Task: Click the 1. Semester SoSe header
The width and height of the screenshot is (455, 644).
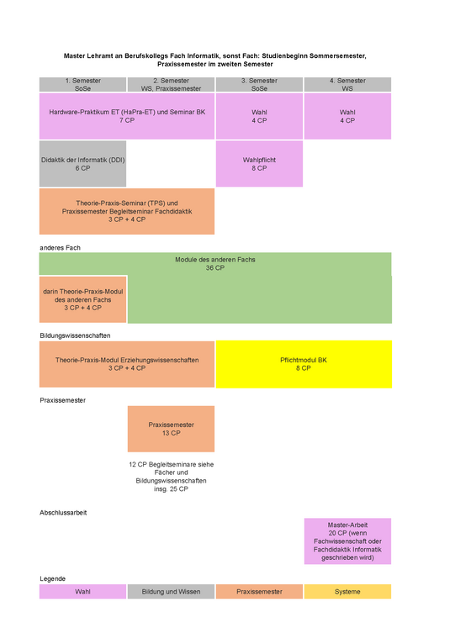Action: click(82, 85)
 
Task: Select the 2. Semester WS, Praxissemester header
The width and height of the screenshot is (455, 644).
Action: click(171, 85)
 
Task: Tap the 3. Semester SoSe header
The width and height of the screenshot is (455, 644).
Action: click(259, 85)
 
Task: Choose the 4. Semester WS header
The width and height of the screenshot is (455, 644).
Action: click(347, 85)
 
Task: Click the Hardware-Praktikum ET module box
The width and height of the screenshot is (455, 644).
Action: click(127, 116)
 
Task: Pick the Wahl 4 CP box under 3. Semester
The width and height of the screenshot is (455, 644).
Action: click(259, 116)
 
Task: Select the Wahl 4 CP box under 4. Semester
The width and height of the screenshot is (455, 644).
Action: click(347, 116)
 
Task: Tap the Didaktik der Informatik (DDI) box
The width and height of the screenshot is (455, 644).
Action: click(82, 164)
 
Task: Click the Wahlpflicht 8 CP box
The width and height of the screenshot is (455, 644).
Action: click(259, 164)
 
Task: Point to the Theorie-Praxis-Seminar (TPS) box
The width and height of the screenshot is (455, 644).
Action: click(127, 212)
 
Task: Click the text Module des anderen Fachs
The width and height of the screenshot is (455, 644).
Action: click(215, 260)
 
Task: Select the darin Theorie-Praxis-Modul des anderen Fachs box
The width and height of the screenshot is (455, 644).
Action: click(82, 299)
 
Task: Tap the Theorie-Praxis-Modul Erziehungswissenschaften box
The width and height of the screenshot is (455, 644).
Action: click(127, 364)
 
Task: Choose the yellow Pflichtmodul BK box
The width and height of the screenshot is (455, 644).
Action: click(304, 364)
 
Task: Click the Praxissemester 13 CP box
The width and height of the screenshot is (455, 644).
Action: click(171, 430)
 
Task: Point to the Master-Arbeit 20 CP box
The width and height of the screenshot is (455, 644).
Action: click(347, 541)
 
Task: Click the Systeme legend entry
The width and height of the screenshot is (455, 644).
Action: click(347, 592)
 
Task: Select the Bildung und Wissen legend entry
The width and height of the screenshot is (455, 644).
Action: click(171, 592)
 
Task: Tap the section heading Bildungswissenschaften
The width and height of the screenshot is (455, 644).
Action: click(75, 335)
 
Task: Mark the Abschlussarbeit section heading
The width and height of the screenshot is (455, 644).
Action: click(63, 513)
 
